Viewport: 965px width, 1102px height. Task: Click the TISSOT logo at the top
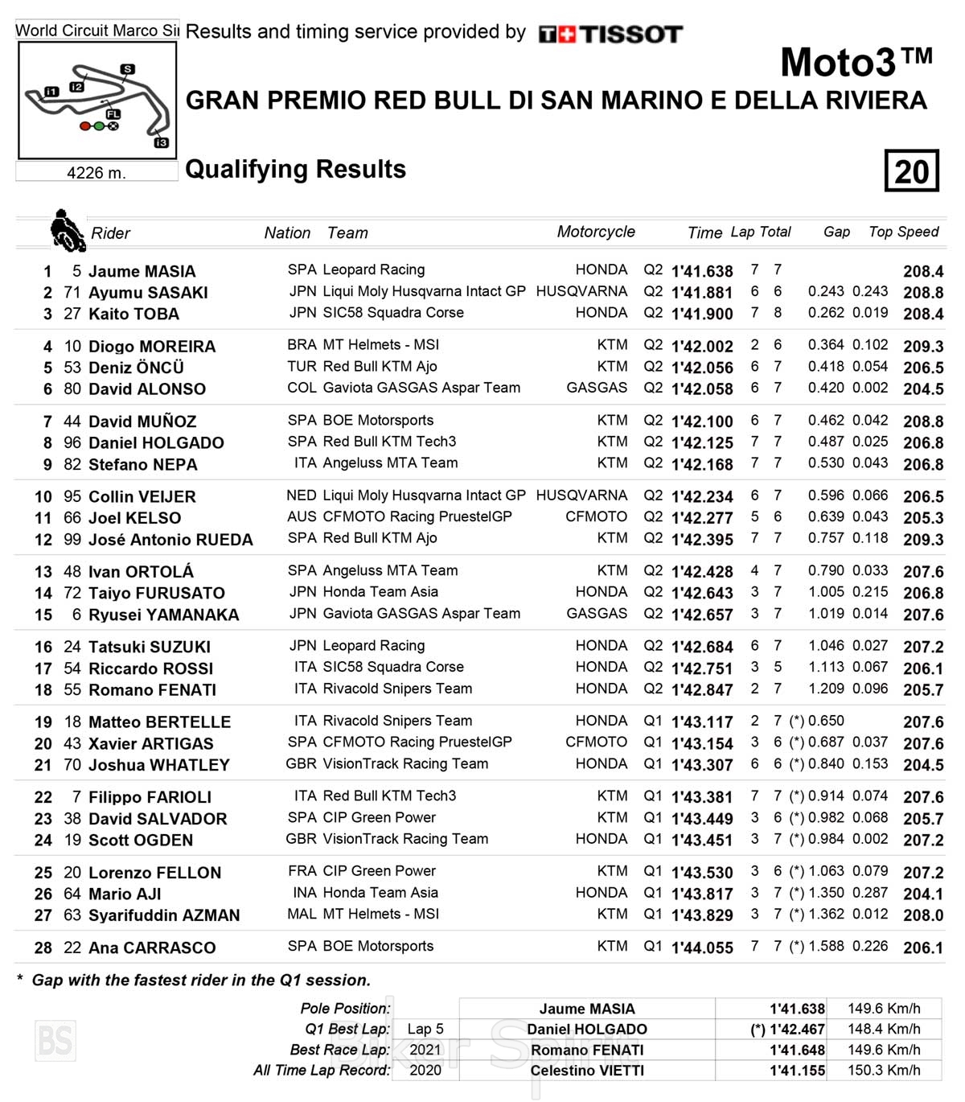(611, 34)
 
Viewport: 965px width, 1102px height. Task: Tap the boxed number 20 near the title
(911, 171)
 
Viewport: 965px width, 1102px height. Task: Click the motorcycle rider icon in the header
(67, 230)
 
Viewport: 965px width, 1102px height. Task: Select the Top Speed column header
(903, 232)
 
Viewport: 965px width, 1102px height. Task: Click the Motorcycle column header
(596, 232)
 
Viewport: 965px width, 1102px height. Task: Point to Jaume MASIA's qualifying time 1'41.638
(702, 271)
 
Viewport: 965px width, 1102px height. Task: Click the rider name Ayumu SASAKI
(148, 293)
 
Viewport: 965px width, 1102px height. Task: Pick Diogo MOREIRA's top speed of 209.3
(922, 347)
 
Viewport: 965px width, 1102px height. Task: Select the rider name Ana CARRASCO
(152, 948)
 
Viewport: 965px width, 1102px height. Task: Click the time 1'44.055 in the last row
(702, 948)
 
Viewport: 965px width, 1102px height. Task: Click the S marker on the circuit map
(127, 69)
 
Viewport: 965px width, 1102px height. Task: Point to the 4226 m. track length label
(96, 172)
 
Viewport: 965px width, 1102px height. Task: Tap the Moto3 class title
(856, 62)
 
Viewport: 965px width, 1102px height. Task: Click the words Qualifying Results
(295, 169)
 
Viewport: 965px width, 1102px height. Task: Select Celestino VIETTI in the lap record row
(587, 1071)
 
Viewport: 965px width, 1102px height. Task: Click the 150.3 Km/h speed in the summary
(884, 1071)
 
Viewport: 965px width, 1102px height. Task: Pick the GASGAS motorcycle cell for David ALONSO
(597, 388)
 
